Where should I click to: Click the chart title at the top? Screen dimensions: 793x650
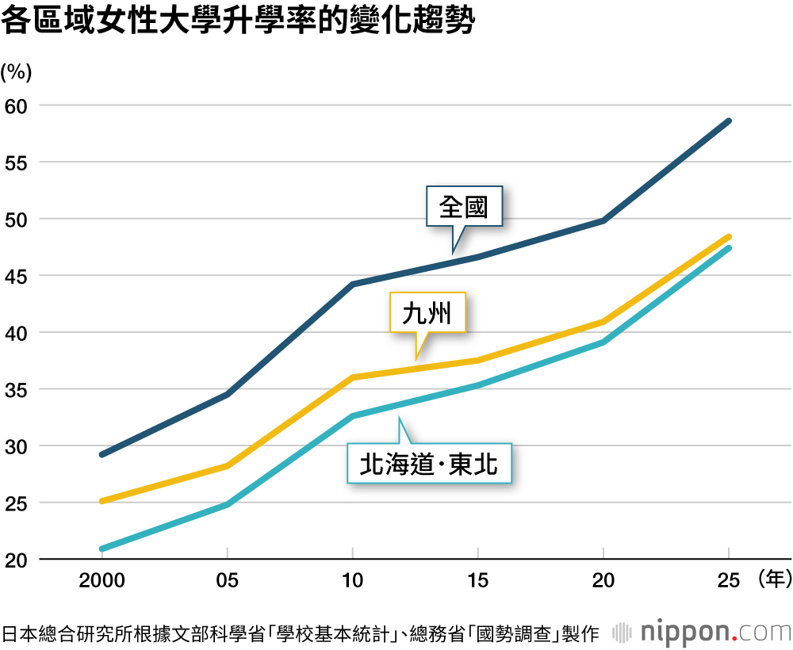pyautogui.click(x=238, y=21)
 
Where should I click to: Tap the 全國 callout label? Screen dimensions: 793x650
pyautogui.click(x=464, y=206)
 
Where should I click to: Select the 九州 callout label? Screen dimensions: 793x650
pyautogui.click(x=427, y=313)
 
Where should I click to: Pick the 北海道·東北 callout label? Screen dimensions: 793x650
pyautogui.click(x=429, y=464)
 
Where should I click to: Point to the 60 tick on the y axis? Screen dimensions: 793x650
pyautogui.click(x=16, y=106)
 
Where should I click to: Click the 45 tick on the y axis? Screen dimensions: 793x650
pyautogui.click(x=16, y=277)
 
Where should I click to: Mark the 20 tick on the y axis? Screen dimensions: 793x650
pyautogui.click(x=16, y=560)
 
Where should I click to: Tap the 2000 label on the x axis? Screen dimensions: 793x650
pyautogui.click(x=102, y=580)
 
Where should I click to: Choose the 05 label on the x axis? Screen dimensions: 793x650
pyautogui.click(x=227, y=580)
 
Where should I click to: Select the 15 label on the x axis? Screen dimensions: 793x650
pyautogui.click(x=478, y=580)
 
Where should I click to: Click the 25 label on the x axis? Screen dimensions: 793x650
pyautogui.click(x=729, y=580)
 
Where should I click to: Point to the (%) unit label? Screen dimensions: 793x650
pyautogui.click(x=16, y=72)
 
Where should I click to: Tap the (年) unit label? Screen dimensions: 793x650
pyautogui.click(x=775, y=579)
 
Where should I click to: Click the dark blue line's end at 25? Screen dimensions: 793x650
pyautogui.click(x=729, y=120)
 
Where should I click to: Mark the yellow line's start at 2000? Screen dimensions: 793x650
pyautogui.click(x=102, y=501)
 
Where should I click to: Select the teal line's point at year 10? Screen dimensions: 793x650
pyautogui.click(x=353, y=416)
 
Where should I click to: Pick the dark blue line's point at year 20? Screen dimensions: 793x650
pyautogui.click(x=603, y=220)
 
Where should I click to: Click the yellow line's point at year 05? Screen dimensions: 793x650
pyautogui.click(x=227, y=465)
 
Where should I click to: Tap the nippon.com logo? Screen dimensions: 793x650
pyautogui.click(x=702, y=633)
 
